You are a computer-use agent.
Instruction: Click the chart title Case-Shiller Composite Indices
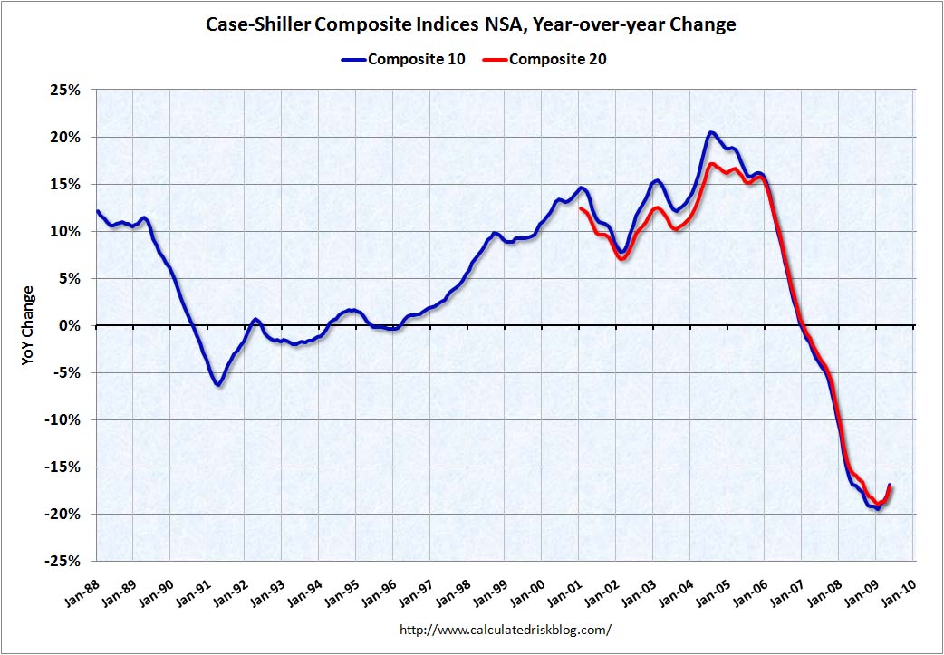point(471,25)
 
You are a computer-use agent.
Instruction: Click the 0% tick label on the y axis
point(72,325)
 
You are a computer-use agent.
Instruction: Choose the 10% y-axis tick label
point(68,231)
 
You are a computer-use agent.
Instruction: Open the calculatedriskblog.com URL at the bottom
point(506,629)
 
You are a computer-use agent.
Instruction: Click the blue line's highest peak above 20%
point(711,133)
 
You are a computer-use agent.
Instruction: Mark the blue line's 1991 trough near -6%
point(218,385)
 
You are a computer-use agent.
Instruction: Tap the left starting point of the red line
point(581,209)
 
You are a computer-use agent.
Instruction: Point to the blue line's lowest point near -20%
point(877,508)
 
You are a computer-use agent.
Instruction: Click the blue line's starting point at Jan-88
point(98,212)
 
